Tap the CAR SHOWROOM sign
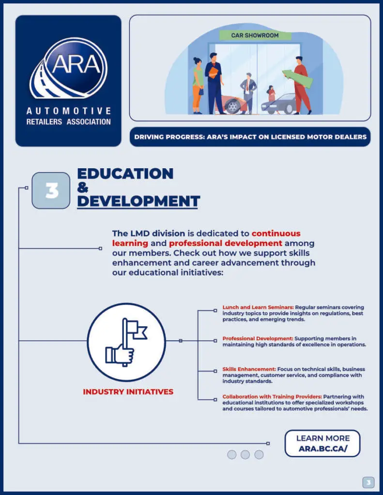pyautogui.click(x=255, y=35)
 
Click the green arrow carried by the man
pyautogui.click(x=291, y=75)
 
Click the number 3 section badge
pyautogui.click(x=51, y=190)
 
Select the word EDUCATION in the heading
pyautogui.click(x=125, y=174)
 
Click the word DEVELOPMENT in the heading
pyautogui.click(x=138, y=201)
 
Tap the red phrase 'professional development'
pyautogui.click(x=226, y=243)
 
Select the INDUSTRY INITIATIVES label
pyautogui.click(x=128, y=392)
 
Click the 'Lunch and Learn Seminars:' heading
pyautogui.click(x=258, y=307)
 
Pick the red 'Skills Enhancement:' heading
pyautogui.click(x=249, y=369)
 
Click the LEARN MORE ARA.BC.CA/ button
pyautogui.click(x=322, y=443)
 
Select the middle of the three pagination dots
pyautogui.click(x=245, y=454)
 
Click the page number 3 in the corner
pyautogui.click(x=368, y=482)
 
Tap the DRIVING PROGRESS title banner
pyautogui.click(x=250, y=137)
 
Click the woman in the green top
pyautogui.click(x=198, y=85)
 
